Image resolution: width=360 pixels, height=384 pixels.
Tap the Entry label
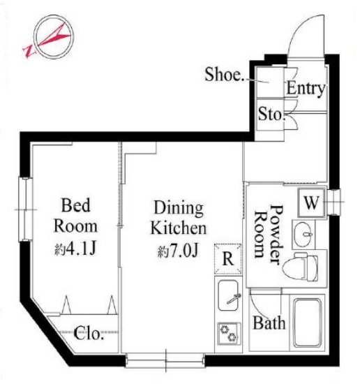(x=306, y=88)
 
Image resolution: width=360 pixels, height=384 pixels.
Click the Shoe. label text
(x=224, y=74)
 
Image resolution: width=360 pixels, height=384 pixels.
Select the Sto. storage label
(x=272, y=114)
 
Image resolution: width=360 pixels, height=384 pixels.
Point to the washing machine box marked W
(x=312, y=202)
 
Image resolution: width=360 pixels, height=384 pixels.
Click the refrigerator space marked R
(x=228, y=258)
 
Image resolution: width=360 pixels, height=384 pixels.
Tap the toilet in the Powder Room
(x=300, y=267)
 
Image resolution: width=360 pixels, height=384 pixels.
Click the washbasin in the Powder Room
(x=303, y=235)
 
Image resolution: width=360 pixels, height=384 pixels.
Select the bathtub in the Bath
(x=308, y=323)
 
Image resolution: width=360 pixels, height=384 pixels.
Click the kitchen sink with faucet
(x=228, y=295)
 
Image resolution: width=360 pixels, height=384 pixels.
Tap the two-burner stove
(x=229, y=334)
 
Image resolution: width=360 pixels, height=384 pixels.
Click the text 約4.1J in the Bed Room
(x=75, y=249)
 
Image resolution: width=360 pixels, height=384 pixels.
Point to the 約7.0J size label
(x=177, y=251)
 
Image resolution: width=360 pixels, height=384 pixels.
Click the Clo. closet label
(x=88, y=333)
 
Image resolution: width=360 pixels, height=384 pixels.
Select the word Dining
(x=179, y=209)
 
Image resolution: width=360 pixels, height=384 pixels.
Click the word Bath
(x=269, y=323)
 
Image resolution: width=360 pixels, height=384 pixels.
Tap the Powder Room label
(x=269, y=235)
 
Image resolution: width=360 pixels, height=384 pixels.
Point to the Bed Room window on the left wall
(x=25, y=209)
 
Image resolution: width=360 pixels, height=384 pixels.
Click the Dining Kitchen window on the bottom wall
(x=165, y=360)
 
